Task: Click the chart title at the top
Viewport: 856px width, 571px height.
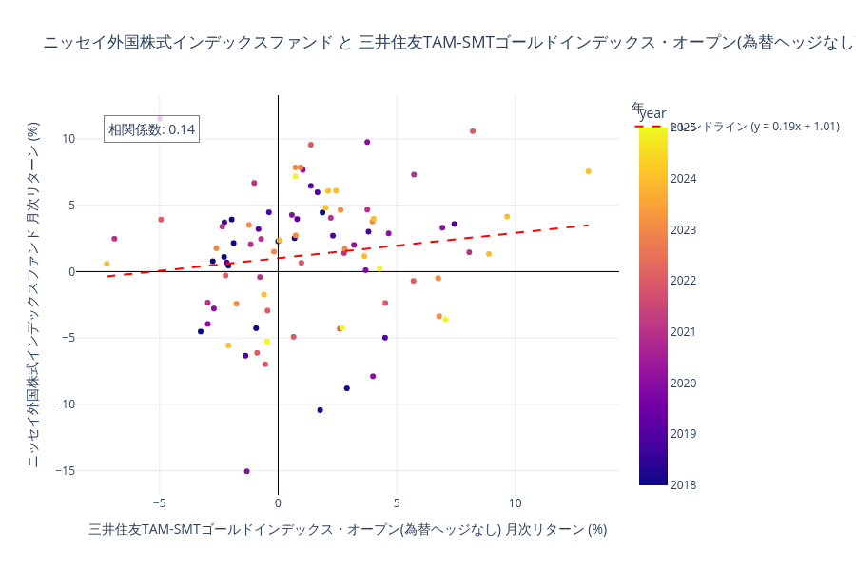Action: (x=447, y=43)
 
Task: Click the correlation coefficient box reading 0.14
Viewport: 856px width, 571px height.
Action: (x=151, y=129)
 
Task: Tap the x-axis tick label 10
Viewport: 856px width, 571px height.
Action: (x=515, y=502)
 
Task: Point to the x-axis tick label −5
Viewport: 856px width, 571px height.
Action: (x=159, y=502)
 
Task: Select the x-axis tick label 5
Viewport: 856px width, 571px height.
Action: (x=397, y=502)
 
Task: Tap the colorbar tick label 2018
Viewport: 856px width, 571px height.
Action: (x=684, y=485)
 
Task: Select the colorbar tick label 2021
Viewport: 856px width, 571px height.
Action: (x=684, y=332)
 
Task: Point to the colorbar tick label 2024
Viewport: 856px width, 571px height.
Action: (x=684, y=178)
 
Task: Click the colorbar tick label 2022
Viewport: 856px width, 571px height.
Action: (x=684, y=281)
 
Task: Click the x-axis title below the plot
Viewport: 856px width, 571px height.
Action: (x=347, y=529)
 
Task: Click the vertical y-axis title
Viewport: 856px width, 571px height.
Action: (x=32, y=295)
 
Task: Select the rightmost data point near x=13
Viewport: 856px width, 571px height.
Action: (x=588, y=171)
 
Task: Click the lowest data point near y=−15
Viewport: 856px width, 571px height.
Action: (x=246, y=471)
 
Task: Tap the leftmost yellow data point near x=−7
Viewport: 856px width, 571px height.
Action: (x=107, y=264)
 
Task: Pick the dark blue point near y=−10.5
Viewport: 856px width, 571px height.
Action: (x=320, y=410)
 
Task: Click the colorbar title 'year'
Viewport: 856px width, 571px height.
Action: (x=652, y=113)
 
